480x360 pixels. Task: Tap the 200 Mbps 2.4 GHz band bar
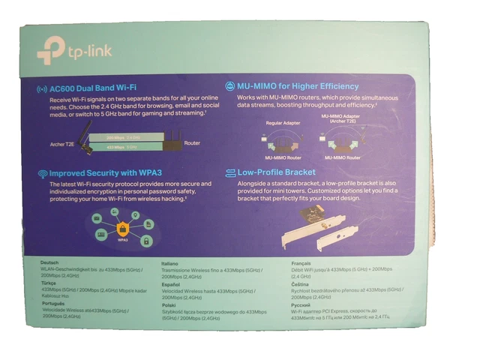pyautogui.click(x=123, y=138)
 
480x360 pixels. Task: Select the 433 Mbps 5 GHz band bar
pyautogui.click(x=123, y=147)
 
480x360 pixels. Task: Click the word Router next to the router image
pyautogui.click(x=192, y=142)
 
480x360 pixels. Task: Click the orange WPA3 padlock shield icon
pyautogui.click(x=123, y=228)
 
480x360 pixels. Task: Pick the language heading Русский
pyautogui.click(x=302, y=307)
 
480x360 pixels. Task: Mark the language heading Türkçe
pyautogui.click(x=52, y=283)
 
